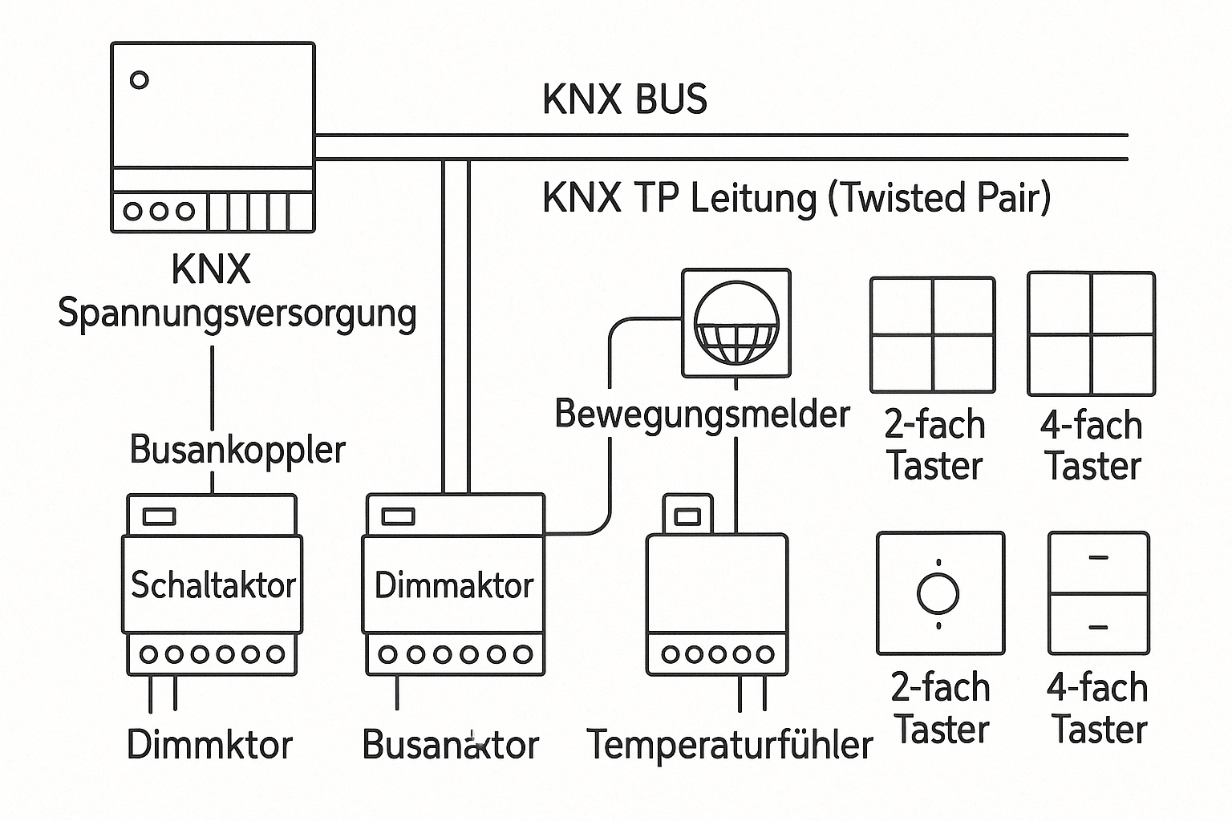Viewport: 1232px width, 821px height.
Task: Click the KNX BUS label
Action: (625, 100)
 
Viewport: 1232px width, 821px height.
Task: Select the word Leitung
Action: (752, 198)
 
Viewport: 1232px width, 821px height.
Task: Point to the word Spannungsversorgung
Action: (237, 313)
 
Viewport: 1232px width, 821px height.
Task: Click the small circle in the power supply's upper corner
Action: (140, 80)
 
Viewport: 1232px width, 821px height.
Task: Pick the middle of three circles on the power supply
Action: (159, 211)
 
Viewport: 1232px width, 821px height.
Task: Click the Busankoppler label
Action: (237, 450)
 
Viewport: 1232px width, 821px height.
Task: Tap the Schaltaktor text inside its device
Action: (213, 585)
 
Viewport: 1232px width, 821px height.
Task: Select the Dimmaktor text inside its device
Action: (454, 586)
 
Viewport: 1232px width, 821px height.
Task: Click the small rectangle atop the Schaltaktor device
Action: (159, 516)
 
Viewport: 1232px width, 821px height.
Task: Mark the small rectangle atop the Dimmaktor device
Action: (398, 516)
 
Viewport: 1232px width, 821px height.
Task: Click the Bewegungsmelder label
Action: (702, 415)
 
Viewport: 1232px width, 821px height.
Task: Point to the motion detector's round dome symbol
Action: (736, 322)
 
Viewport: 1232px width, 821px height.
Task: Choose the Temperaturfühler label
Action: (729, 745)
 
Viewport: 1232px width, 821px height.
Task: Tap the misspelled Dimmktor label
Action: (210, 745)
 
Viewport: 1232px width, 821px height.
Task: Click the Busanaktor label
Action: (451, 745)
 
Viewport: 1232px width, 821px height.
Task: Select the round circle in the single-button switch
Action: (938, 593)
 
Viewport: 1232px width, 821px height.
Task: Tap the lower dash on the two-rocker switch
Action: (1098, 628)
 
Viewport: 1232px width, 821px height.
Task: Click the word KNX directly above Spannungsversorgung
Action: (212, 270)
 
